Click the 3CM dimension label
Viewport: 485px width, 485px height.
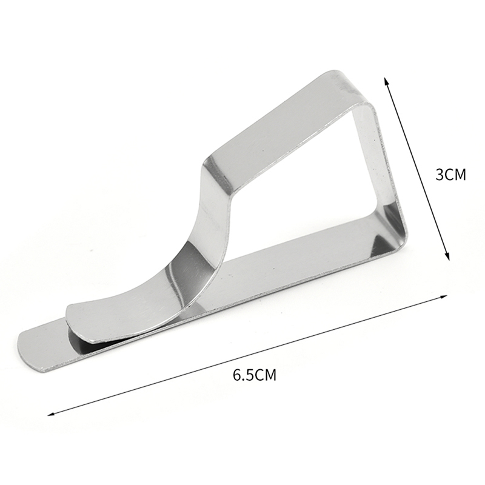(x=450, y=175)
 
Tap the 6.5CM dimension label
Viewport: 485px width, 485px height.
(x=255, y=375)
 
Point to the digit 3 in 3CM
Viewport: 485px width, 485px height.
(x=440, y=175)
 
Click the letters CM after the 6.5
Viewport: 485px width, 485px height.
(x=266, y=375)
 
